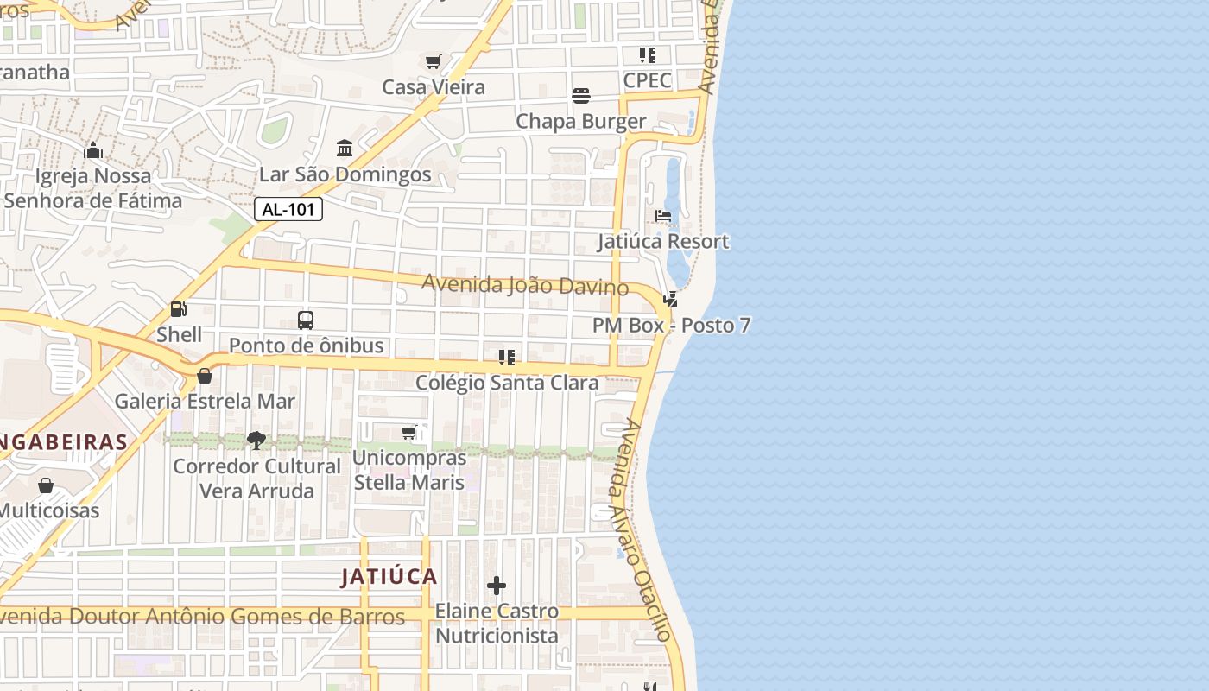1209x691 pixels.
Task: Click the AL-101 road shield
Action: pos(288,209)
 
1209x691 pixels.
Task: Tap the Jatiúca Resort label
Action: pos(663,242)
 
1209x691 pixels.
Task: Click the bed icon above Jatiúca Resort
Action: pos(663,216)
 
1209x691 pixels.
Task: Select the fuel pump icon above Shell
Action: pos(179,308)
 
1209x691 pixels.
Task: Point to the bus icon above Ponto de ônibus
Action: pos(306,320)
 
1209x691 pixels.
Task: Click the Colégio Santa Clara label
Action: pos(507,383)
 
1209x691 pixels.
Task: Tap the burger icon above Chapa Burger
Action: pos(581,96)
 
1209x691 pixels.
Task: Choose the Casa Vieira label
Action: pos(434,87)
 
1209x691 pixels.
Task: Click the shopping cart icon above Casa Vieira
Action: pos(434,61)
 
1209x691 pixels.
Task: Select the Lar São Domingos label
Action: pos(345,174)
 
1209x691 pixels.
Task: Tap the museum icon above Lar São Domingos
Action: pos(345,149)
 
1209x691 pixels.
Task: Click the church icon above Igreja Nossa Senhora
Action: pos(93,151)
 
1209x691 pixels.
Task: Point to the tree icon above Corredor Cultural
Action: pos(256,441)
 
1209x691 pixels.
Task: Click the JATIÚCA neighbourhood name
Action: pos(389,577)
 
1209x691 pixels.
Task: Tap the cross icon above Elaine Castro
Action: pos(497,586)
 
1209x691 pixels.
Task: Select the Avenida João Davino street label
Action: pos(525,284)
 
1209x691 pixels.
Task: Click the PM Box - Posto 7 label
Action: pos(671,326)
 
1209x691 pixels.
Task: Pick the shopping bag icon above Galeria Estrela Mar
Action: pos(205,376)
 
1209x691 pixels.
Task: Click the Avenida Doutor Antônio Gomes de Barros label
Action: pos(202,617)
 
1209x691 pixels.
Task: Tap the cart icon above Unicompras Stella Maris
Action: pos(409,432)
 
